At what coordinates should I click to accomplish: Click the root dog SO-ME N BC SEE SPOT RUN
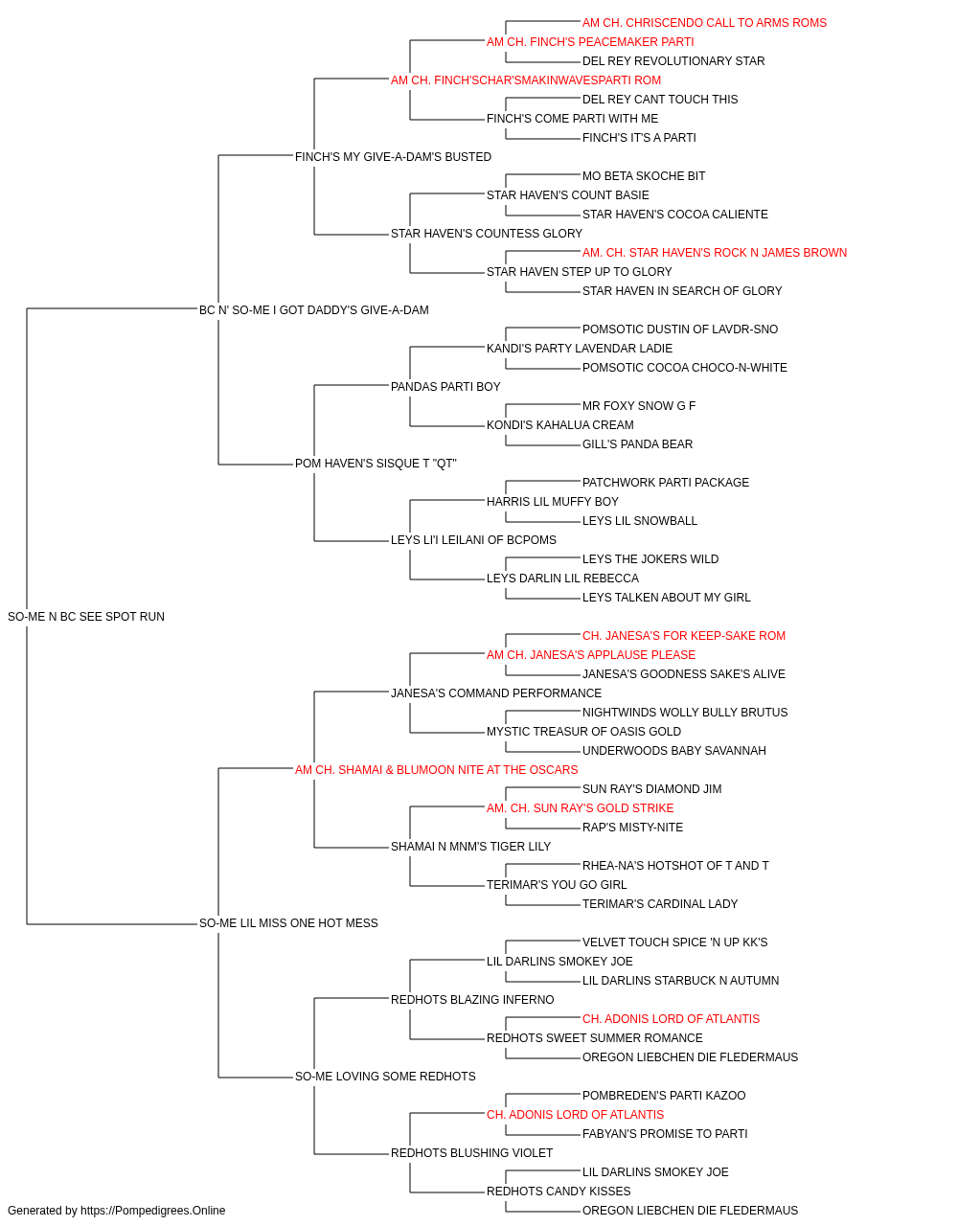point(86,617)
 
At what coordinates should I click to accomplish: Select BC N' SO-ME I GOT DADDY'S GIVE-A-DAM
point(313,309)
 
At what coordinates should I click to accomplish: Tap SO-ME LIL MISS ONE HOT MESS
point(288,923)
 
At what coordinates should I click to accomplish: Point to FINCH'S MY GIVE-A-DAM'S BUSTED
point(393,157)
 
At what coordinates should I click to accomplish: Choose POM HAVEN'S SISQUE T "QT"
point(376,464)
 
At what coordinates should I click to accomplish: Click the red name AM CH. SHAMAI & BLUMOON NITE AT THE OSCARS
point(436,770)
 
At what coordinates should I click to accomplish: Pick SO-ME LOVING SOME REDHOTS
point(385,1077)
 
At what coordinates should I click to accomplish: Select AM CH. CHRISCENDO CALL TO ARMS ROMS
point(704,23)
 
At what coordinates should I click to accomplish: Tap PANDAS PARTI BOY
point(445,386)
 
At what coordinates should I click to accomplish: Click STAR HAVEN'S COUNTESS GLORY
point(487,234)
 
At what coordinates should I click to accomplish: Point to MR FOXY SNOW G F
point(639,406)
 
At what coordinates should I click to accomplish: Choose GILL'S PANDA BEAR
point(637,444)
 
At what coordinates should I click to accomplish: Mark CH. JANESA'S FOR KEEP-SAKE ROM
point(684,636)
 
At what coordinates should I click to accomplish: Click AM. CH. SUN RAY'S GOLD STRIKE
point(580,808)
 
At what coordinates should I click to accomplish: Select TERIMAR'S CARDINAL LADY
point(660,904)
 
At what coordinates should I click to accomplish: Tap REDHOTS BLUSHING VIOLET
point(471,1153)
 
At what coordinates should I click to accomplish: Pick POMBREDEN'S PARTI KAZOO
point(664,1096)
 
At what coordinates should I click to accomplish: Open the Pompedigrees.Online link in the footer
point(152,1211)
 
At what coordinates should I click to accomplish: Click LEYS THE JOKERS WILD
point(650,559)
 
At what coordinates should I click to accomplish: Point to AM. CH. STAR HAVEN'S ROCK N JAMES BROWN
point(715,253)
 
